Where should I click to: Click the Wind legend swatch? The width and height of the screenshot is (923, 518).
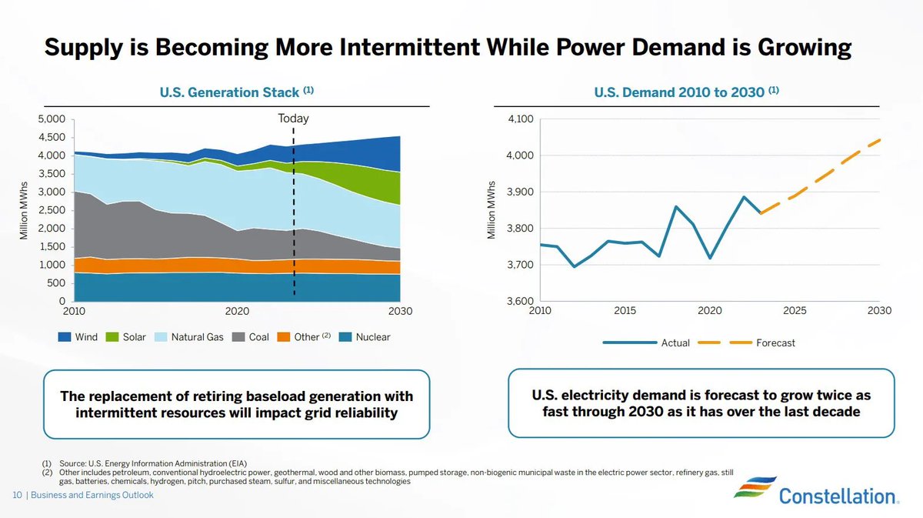pyautogui.click(x=65, y=337)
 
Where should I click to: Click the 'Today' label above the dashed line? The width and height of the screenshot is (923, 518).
pyautogui.click(x=293, y=119)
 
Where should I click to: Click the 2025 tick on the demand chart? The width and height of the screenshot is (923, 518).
pyautogui.click(x=795, y=311)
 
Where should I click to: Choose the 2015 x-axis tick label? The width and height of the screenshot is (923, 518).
pyautogui.click(x=625, y=311)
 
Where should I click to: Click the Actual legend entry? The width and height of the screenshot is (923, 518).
pyautogui.click(x=675, y=343)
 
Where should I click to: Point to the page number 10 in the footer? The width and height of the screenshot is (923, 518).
pyautogui.click(x=16, y=495)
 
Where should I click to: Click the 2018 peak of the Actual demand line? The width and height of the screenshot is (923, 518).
pyautogui.click(x=675, y=206)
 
